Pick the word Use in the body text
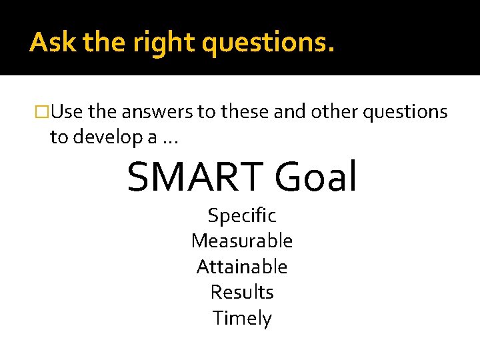67,112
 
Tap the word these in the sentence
245,112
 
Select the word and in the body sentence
289,112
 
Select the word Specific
242,216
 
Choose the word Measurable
242,241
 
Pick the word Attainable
242,267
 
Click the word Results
242,292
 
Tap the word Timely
242,319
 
